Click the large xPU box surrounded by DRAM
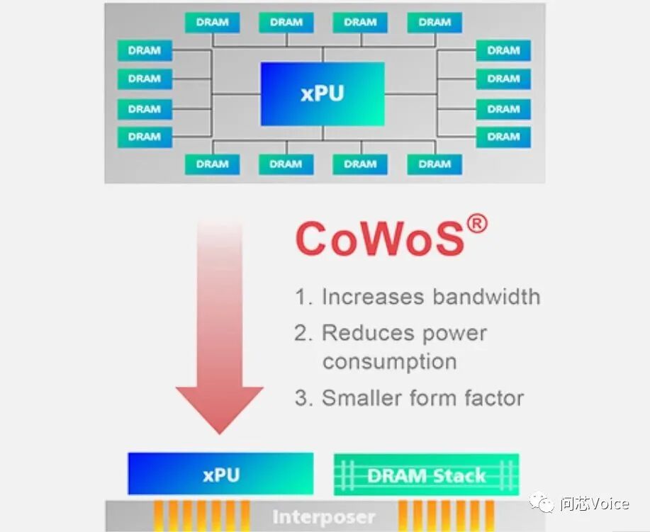pos(323,94)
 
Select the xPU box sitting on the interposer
pos(220,474)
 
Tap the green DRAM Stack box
pos(426,475)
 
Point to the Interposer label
pos(324,517)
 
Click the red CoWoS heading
pos(380,239)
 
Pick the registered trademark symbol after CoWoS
pos(478,225)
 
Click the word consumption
pos(389,361)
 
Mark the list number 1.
pos(303,297)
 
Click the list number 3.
pos(303,398)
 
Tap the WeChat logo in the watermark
pos(544,504)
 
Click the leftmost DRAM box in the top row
pos(212,22)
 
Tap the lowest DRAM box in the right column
pos(503,137)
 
